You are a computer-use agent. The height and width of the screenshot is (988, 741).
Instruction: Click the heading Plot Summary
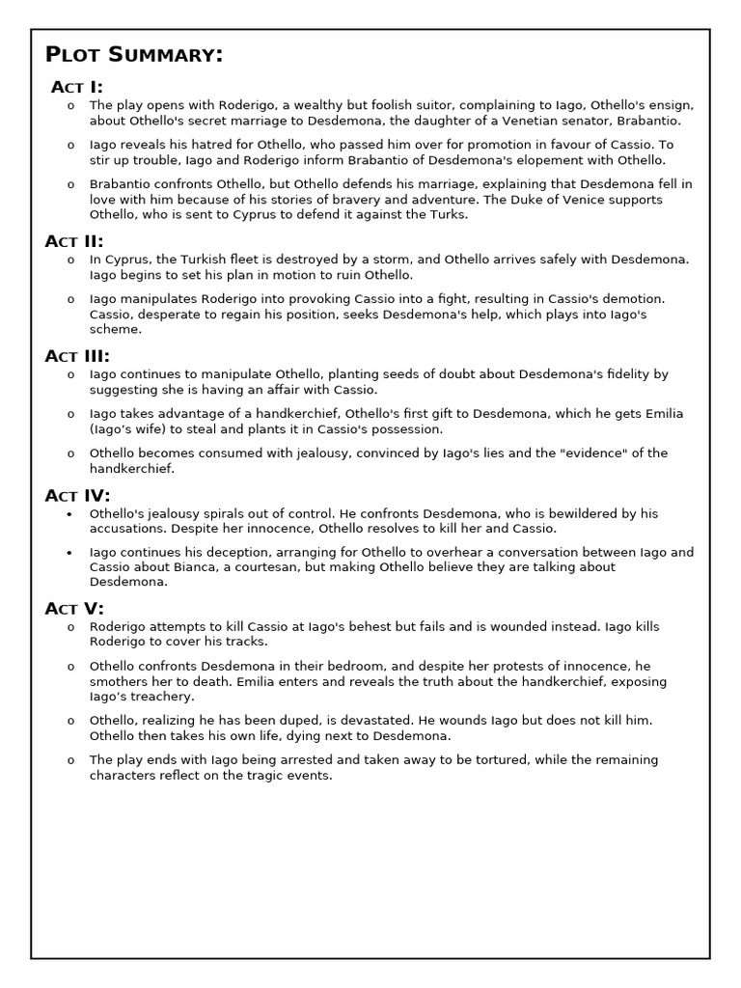point(134,55)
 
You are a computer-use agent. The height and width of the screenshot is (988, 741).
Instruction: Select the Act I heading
point(77,87)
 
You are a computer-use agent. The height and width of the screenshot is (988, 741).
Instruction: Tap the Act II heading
point(74,241)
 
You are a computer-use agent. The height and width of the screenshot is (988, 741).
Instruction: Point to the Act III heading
point(77,356)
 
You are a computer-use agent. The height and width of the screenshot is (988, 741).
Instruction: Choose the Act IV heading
point(77,496)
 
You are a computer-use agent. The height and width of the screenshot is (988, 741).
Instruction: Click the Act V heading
point(74,608)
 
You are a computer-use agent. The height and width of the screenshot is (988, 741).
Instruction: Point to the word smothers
point(123,681)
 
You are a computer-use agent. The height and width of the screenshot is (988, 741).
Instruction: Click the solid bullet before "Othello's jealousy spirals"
point(69,514)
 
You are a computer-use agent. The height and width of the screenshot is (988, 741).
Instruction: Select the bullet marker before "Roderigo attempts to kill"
point(69,627)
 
